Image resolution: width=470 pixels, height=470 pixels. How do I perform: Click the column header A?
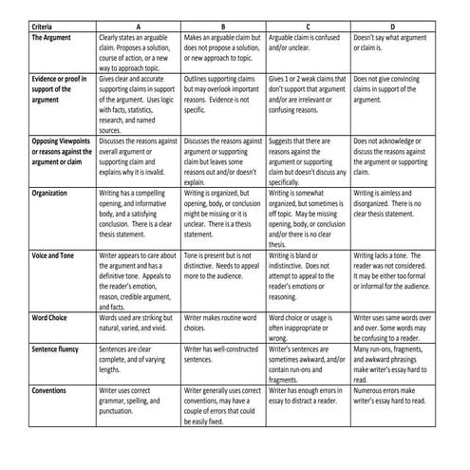click(x=139, y=25)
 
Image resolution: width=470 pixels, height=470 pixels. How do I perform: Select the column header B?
click(x=222, y=25)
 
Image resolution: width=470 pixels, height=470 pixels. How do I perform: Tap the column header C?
click(x=308, y=25)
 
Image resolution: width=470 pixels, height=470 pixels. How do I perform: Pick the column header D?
click(x=393, y=25)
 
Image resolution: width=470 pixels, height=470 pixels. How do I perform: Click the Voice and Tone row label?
click(x=54, y=255)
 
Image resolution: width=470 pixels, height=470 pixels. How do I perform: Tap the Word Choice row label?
click(x=49, y=317)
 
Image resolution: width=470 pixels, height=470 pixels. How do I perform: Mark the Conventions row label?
click(x=49, y=390)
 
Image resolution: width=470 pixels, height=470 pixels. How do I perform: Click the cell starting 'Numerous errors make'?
click(x=393, y=396)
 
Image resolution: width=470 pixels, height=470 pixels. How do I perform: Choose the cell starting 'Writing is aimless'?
click(x=393, y=201)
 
